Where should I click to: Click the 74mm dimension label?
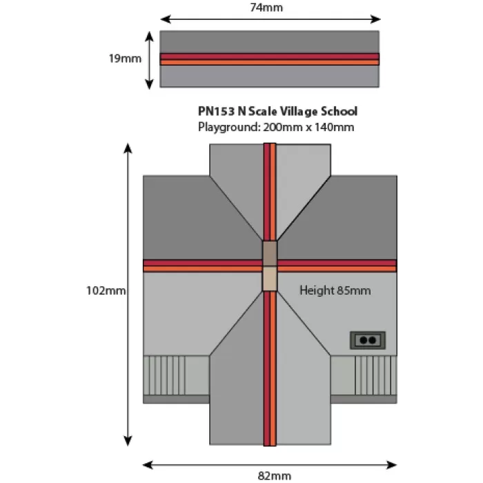pos(266,8)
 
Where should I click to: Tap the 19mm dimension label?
pos(125,59)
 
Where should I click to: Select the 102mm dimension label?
pos(106,290)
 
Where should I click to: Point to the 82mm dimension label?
pos(275,476)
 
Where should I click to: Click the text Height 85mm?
pos(335,290)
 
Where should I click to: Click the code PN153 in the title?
pos(216,111)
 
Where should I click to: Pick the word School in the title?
pos(339,111)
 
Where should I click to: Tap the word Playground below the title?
pos(228,127)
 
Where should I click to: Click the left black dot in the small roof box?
pos(364,340)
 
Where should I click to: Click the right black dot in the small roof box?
pos(372,340)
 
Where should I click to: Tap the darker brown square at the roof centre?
pos(270,253)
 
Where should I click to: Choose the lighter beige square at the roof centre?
pos(270,279)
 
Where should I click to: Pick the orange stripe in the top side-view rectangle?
pos(270,63)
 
